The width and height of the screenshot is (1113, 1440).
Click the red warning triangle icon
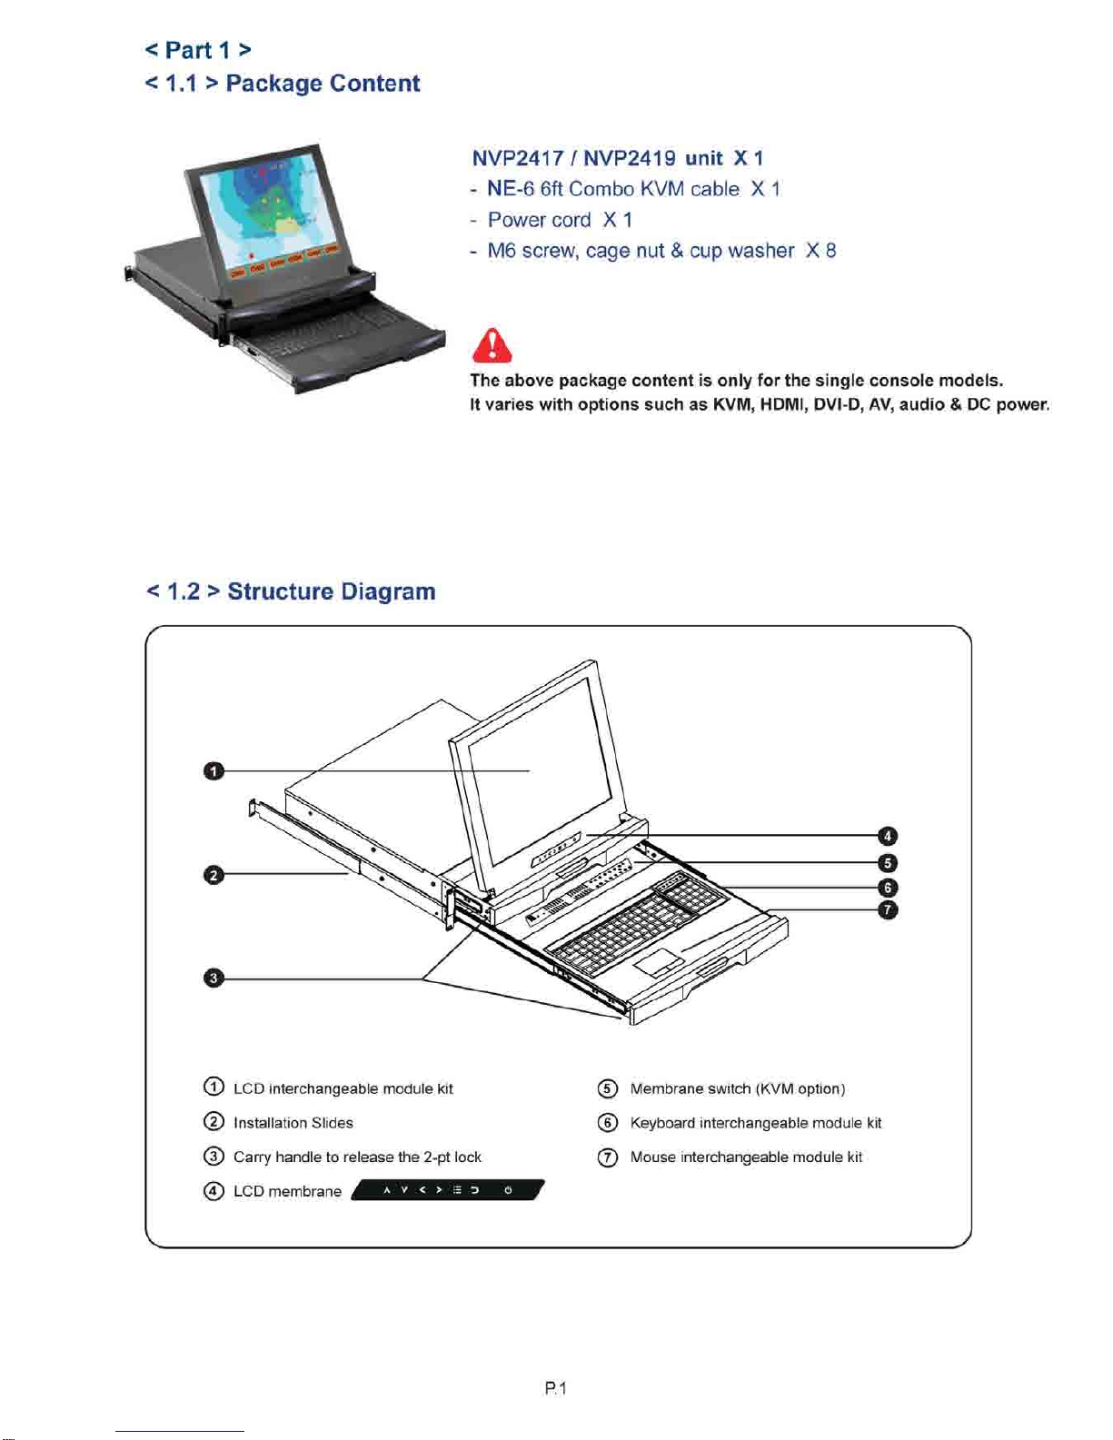coord(492,346)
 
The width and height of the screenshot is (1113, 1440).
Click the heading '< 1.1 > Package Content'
coord(283,84)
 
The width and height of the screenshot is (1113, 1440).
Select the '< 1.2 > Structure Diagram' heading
coord(291,591)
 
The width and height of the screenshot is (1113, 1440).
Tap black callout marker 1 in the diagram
coord(213,771)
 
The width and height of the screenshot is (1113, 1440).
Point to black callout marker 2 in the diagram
coord(213,875)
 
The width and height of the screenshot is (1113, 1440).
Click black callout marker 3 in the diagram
coord(213,978)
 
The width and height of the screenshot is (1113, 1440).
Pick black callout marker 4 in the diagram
coord(888,836)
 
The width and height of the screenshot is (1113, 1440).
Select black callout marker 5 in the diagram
coord(888,863)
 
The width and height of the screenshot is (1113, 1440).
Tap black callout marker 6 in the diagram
coord(888,888)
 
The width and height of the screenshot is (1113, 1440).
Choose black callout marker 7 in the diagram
coord(888,910)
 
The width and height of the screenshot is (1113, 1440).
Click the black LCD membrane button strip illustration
coord(447,1190)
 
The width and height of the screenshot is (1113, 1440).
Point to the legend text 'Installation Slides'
coord(293,1123)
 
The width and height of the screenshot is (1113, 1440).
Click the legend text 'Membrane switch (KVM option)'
coord(737,1088)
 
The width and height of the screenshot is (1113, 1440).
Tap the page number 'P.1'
coord(555,1388)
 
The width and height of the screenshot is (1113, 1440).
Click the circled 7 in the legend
coord(608,1157)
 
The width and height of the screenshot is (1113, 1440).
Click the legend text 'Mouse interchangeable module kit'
coord(746,1157)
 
